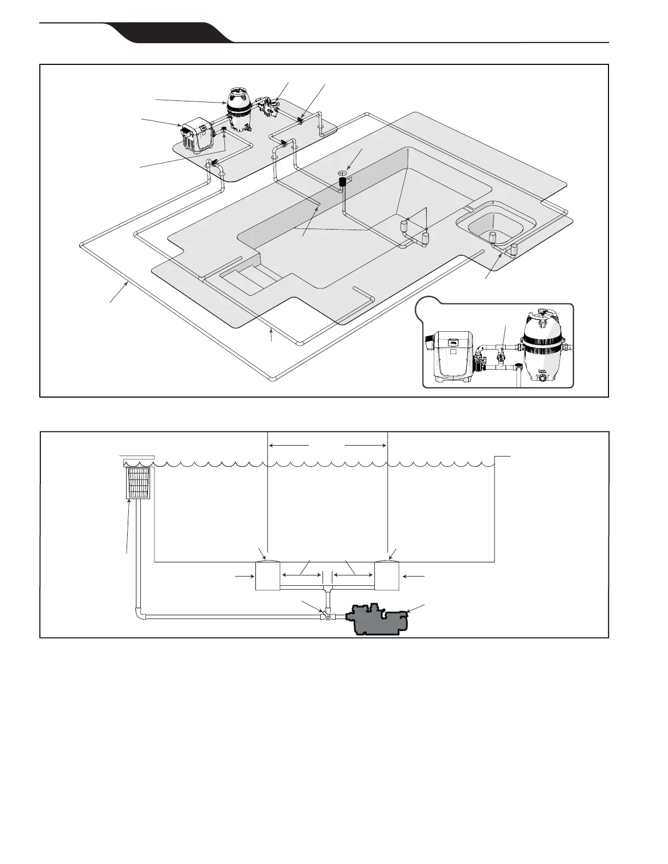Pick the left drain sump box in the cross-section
click(x=267, y=576)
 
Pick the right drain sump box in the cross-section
click(x=387, y=576)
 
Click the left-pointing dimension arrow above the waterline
click(x=289, y=445)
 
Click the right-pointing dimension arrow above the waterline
click(x=366, y=445)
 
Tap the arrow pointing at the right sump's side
click(x=417, y=575)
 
